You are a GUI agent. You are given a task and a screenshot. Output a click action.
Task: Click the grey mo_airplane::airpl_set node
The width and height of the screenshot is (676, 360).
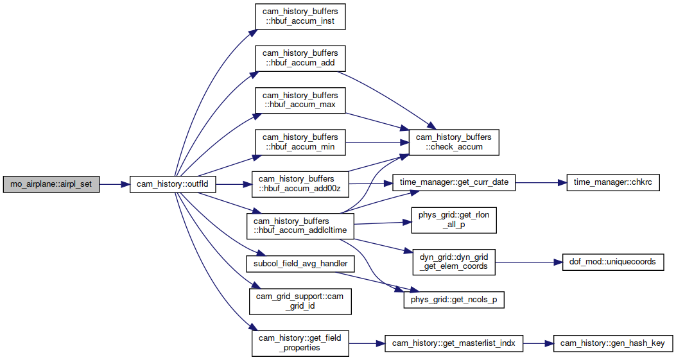pos(51,184)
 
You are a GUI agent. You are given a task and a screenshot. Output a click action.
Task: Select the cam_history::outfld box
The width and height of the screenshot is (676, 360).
pos(173,184)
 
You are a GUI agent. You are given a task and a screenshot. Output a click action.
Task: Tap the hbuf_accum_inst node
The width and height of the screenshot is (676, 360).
pos(300,17)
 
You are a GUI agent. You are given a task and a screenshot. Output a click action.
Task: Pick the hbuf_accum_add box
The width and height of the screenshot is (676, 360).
pos(300,58)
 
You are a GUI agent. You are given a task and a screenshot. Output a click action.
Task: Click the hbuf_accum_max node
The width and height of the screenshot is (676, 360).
pos(300,100)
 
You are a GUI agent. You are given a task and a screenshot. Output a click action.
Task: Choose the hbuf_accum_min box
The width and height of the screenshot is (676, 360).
pos(300,142)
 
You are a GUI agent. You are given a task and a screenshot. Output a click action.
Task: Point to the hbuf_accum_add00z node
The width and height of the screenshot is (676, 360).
pos(300,184)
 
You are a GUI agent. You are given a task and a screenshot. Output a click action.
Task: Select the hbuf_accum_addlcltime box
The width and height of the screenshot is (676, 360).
pos(300,226)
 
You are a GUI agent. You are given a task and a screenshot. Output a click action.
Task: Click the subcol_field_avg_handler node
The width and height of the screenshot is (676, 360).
pos(300,264)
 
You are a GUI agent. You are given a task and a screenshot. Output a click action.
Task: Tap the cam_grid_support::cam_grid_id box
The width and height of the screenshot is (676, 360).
pos(300,302)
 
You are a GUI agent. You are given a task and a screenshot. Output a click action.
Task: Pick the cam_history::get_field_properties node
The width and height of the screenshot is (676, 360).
pos(300,343)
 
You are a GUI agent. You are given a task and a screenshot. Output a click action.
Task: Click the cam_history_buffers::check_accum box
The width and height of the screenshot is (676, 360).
pos(453,142)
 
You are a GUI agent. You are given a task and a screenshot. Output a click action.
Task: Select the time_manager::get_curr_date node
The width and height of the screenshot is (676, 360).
pos(454,182)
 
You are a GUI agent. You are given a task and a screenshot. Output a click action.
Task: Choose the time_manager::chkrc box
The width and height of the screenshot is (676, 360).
pos(613,182)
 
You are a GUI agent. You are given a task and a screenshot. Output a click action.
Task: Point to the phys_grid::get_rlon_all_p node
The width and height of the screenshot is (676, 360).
pos(454,220)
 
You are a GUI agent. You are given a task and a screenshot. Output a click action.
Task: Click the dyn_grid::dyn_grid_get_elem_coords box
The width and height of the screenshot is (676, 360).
pos(454,262)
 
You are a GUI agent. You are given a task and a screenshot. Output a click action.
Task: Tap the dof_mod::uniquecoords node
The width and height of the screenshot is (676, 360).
pos(613,262)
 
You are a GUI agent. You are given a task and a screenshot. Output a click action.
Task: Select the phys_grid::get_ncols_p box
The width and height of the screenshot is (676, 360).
pos(454,300)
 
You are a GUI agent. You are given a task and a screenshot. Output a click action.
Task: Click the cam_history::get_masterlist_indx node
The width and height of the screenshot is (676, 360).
pos(454,343)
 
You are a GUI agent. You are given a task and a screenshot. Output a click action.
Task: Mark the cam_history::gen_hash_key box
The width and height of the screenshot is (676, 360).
pos(613,343)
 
